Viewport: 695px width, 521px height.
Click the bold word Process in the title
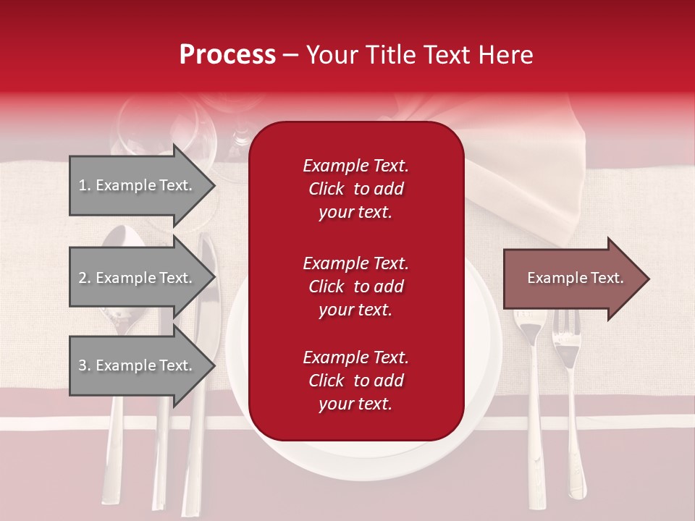pyautogui.click(x=227, y=55)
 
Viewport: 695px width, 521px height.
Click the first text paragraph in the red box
pyautogui.click(x=355, y=189)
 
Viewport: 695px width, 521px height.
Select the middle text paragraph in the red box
pyautogui.click(x=355, y=287)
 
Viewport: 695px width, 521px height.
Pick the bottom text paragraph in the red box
pyautogui.click(x=355, y=381)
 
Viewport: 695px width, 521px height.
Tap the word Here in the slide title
pyautogui.click(x=506, y=55)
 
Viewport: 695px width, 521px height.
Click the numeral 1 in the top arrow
pyautogui.click(x=82, y=185)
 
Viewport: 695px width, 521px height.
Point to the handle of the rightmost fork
pyautogui.click(x=575, y=449)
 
